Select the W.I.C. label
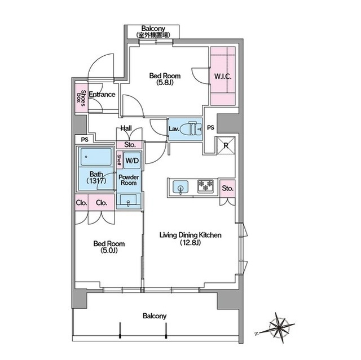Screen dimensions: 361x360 click(223, 77)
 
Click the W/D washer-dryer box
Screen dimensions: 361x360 click(132, 161)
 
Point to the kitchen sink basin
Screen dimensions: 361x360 click(180, 187)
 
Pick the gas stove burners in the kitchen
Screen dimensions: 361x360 click(205, 186)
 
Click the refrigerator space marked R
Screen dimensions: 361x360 click(226, 145)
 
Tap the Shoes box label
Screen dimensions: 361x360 click(81, 98)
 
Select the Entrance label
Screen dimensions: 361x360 click(102, 94)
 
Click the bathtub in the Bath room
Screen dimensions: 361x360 click(96, 157)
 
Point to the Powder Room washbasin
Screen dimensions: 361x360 click(128, 199)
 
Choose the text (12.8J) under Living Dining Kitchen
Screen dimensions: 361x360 click(191, 242)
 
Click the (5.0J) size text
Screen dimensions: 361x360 click(109, 251)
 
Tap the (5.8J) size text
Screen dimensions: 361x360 click(165, 82)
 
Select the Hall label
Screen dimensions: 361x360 click(126, 128)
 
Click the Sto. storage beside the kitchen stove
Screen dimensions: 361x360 click(227, 189)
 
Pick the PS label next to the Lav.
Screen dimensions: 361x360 click(210, 127)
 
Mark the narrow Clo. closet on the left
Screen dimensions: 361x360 click(81, 202)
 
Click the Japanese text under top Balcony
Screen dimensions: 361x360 click(153, 35)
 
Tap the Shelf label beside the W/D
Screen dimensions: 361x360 click(119, 160)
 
